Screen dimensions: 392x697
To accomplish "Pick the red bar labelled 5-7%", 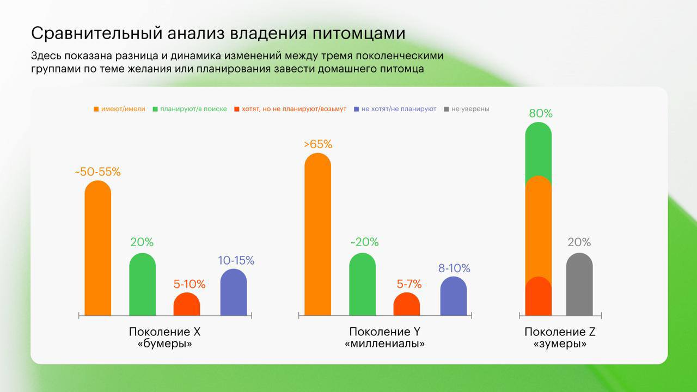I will coord(407,304).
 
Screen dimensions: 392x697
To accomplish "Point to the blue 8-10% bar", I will coord(454,296).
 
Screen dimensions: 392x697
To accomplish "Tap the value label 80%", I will coord(541,113).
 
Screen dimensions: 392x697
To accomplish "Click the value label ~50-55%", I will coord(98,172).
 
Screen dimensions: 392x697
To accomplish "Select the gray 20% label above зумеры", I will coord(579,242).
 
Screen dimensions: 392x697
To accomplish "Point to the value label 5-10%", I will coord(189,284).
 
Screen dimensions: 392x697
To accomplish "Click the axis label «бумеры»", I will coord(165,344).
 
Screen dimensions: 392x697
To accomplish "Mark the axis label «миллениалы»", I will coord(385,344).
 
